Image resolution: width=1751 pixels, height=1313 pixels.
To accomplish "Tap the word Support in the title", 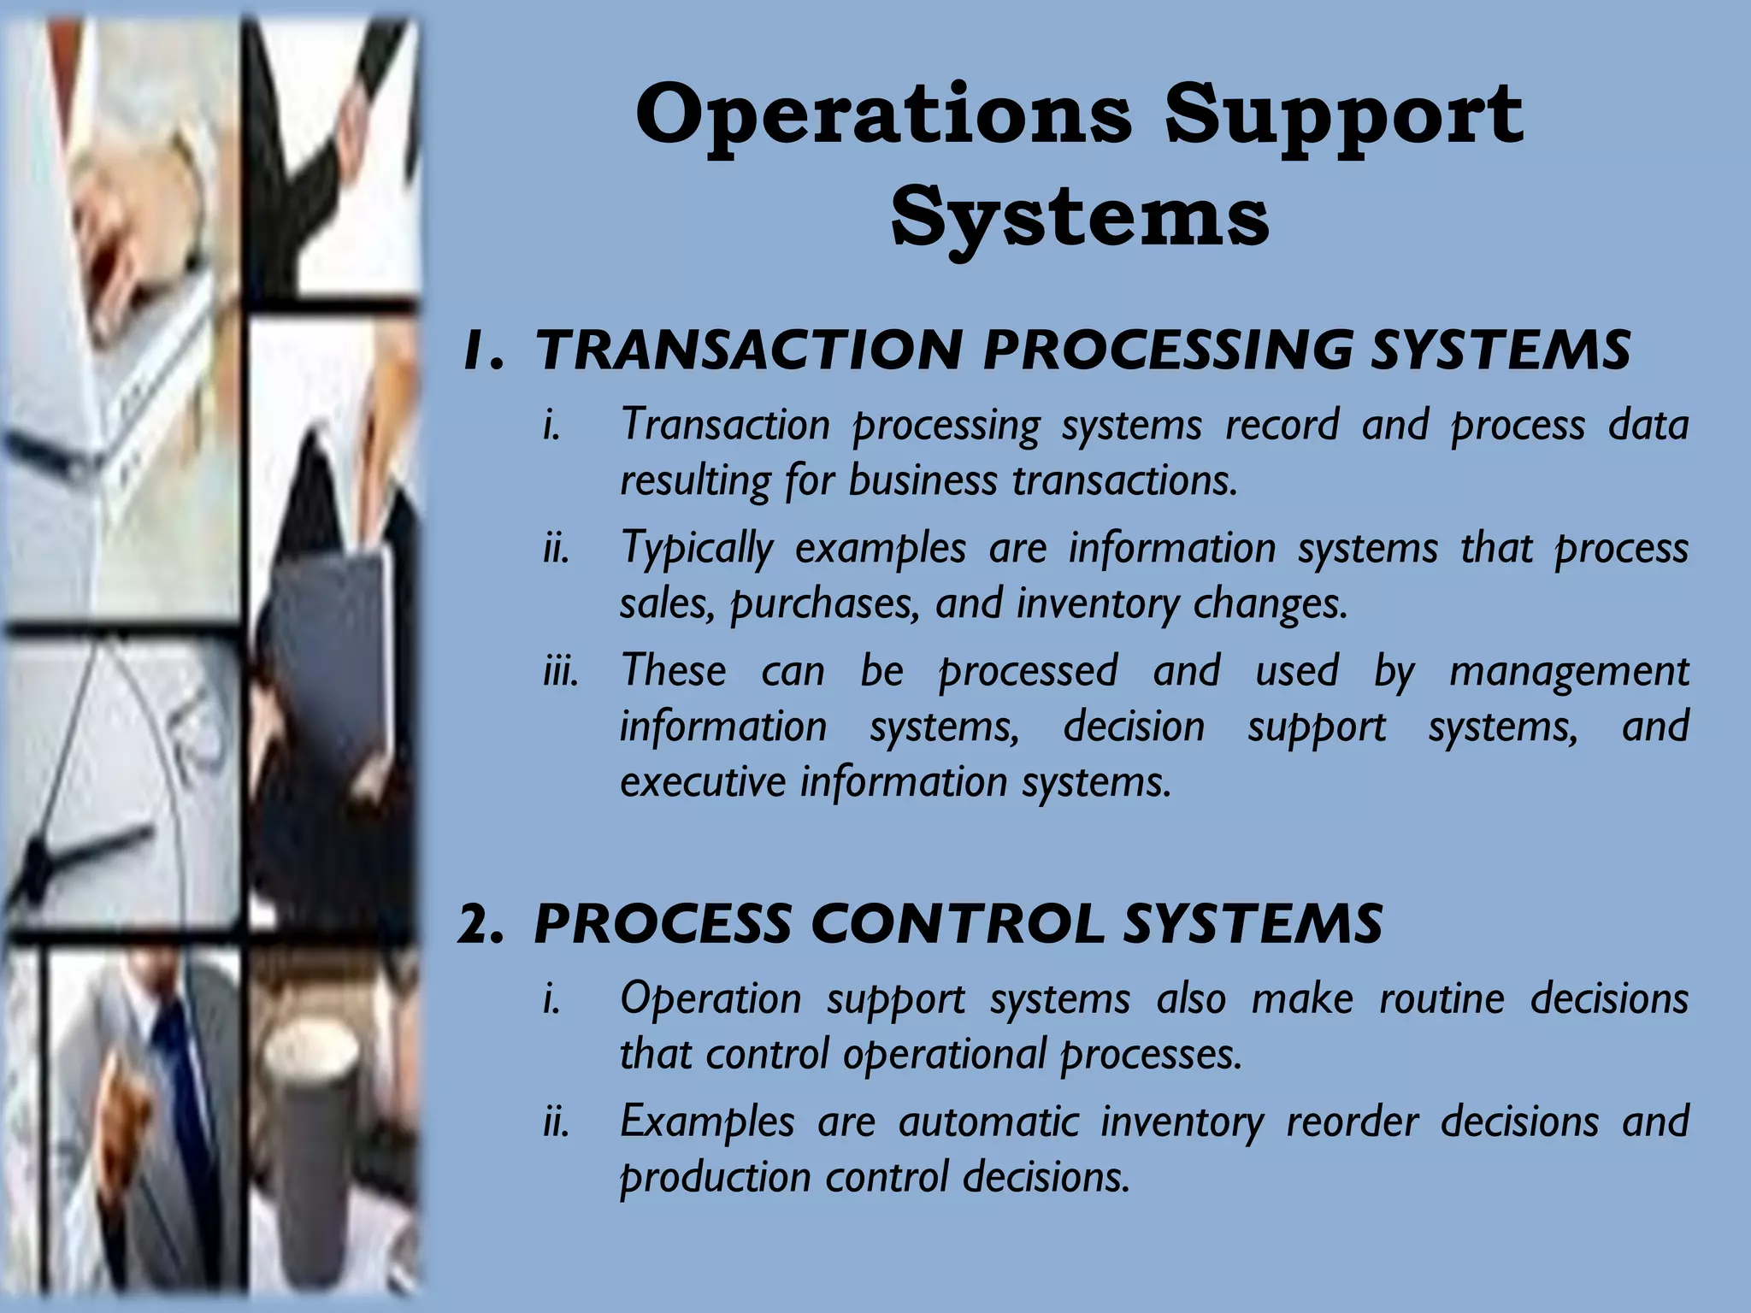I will pos(1343,115).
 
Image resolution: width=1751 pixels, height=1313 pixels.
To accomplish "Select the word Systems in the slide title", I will pos(1080,216).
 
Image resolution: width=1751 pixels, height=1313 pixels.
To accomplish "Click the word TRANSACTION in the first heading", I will pos(748,350).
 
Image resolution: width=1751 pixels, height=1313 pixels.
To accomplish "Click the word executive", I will pos(702,781).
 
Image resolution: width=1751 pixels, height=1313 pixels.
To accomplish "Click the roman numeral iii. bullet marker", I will pos(560,670).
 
